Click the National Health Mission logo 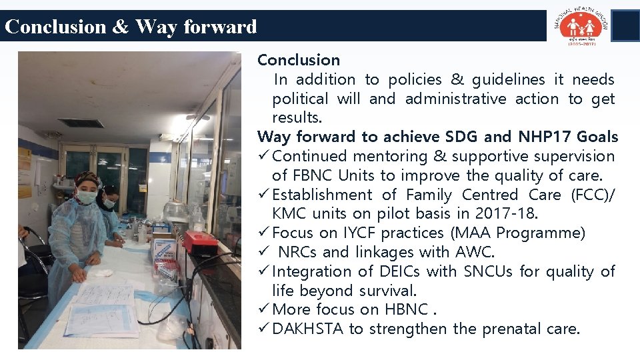pyautogui.click(x=579, y=25)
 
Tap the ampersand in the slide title pyautogui.click(x=121, y=27)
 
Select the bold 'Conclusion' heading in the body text pyautogui.click(x=298, y=60)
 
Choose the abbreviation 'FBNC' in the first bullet pyautogui.click(x=313, y=176)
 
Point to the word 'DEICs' pyautogui.click(x=399, y=272)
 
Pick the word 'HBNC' pyautogui.click(x=406, y=310)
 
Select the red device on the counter pyautogui.click(x=200, y=241)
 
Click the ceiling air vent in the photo pyautogui.click(x=80, y=123)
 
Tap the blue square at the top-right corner pyautogui.click(x=625, y=25)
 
